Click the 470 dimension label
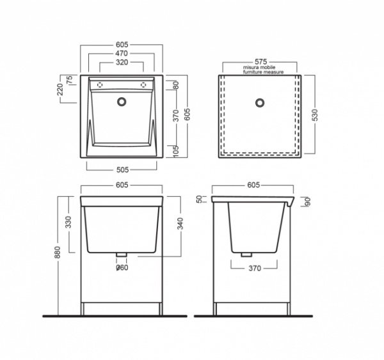(x=122, y=53)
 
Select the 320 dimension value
(x=122, y=63)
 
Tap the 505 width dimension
(x=122, y=169)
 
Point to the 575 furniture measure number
(x=260, y=61)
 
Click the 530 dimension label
(x=315, y=115)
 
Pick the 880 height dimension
(x=58, y=253)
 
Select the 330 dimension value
(x=69, y=223)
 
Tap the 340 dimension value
(x=180, y=224)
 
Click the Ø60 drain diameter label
(x=122, y=268)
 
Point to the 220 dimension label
(x=60, y=90)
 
